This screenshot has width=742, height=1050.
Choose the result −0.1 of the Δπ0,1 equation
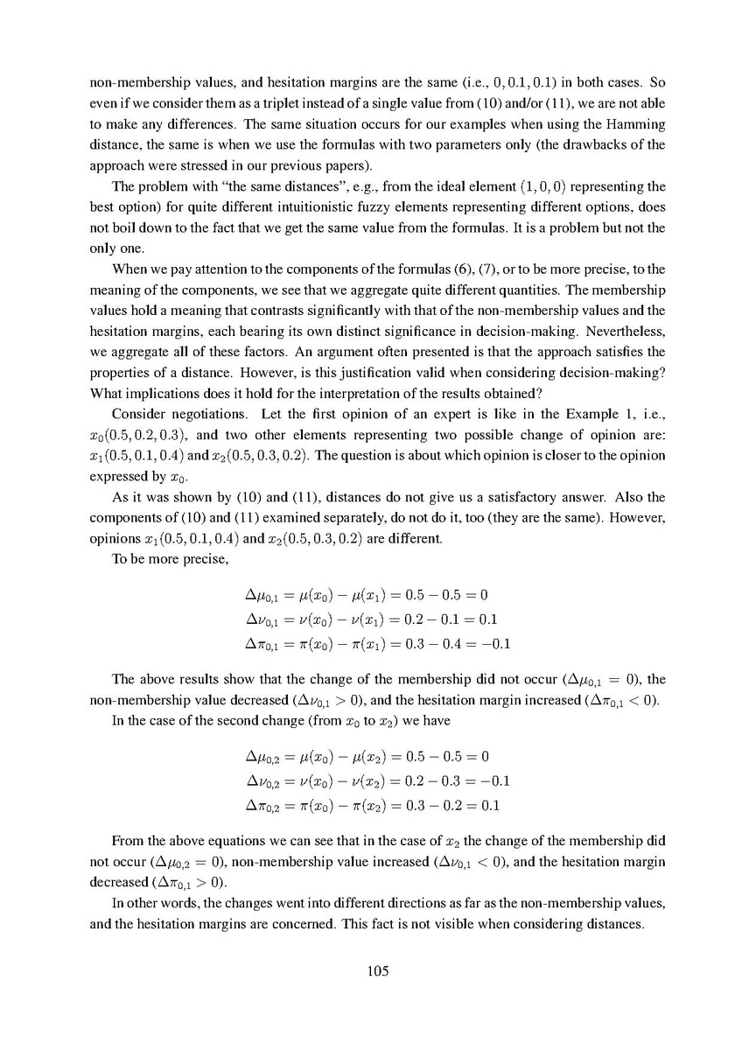tap(493, 646)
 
